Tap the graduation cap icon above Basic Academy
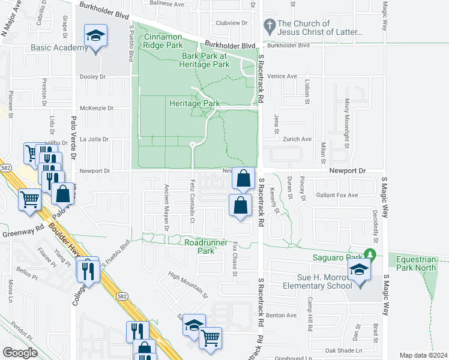coord(95,37)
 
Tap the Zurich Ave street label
coord(297,139)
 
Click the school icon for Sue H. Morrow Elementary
coord(359,270)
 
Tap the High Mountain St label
coord(188,285)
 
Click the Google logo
coord(20,352)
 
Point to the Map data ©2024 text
coord(423,355)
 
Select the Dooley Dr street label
coord(93,77)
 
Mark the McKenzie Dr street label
coord(92,108)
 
